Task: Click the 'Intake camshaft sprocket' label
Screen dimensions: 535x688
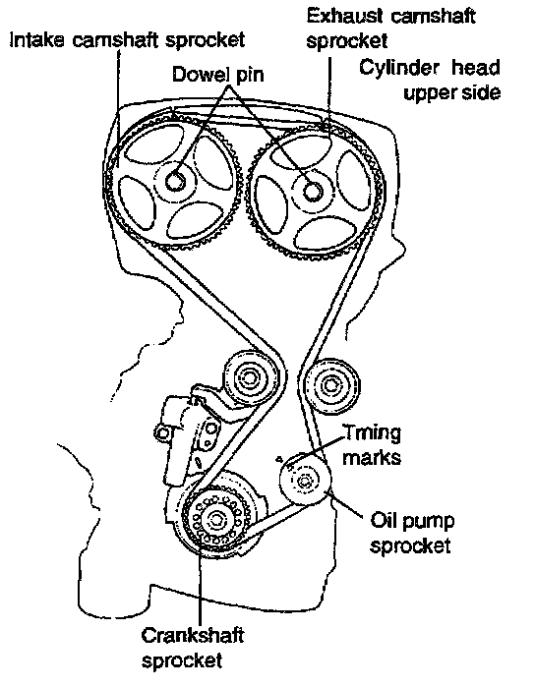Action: (x=127, y=40)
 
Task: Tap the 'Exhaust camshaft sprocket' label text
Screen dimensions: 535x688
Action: (x=390, y=29)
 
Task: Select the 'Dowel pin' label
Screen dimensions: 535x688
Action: (x=218, y=74)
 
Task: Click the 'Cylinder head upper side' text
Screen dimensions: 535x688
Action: (x=430, y=81)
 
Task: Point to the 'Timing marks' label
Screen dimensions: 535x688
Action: (x=372, y=445)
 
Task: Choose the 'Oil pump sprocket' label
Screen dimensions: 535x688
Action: (x=412, y=533)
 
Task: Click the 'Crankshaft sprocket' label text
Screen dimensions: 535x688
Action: (x=193, y=647)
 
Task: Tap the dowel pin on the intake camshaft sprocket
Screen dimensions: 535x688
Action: (x=176, y=181)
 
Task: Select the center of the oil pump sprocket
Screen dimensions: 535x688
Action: (x=305, y=482)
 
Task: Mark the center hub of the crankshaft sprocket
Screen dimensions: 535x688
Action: (x=216, y=520)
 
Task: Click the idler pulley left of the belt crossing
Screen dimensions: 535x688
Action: (x=251, y=378)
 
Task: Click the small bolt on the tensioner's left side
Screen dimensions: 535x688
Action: (x=162, y=433)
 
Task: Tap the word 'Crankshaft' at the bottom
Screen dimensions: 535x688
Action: (x=193, y=636)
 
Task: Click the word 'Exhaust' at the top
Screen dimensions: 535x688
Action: (x=344, y=17)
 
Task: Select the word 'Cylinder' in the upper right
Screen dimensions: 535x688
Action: (x=399, y=68)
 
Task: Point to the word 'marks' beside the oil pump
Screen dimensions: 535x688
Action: (x=372, y=458)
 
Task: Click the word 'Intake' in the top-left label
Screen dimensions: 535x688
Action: (x=37, y=40)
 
